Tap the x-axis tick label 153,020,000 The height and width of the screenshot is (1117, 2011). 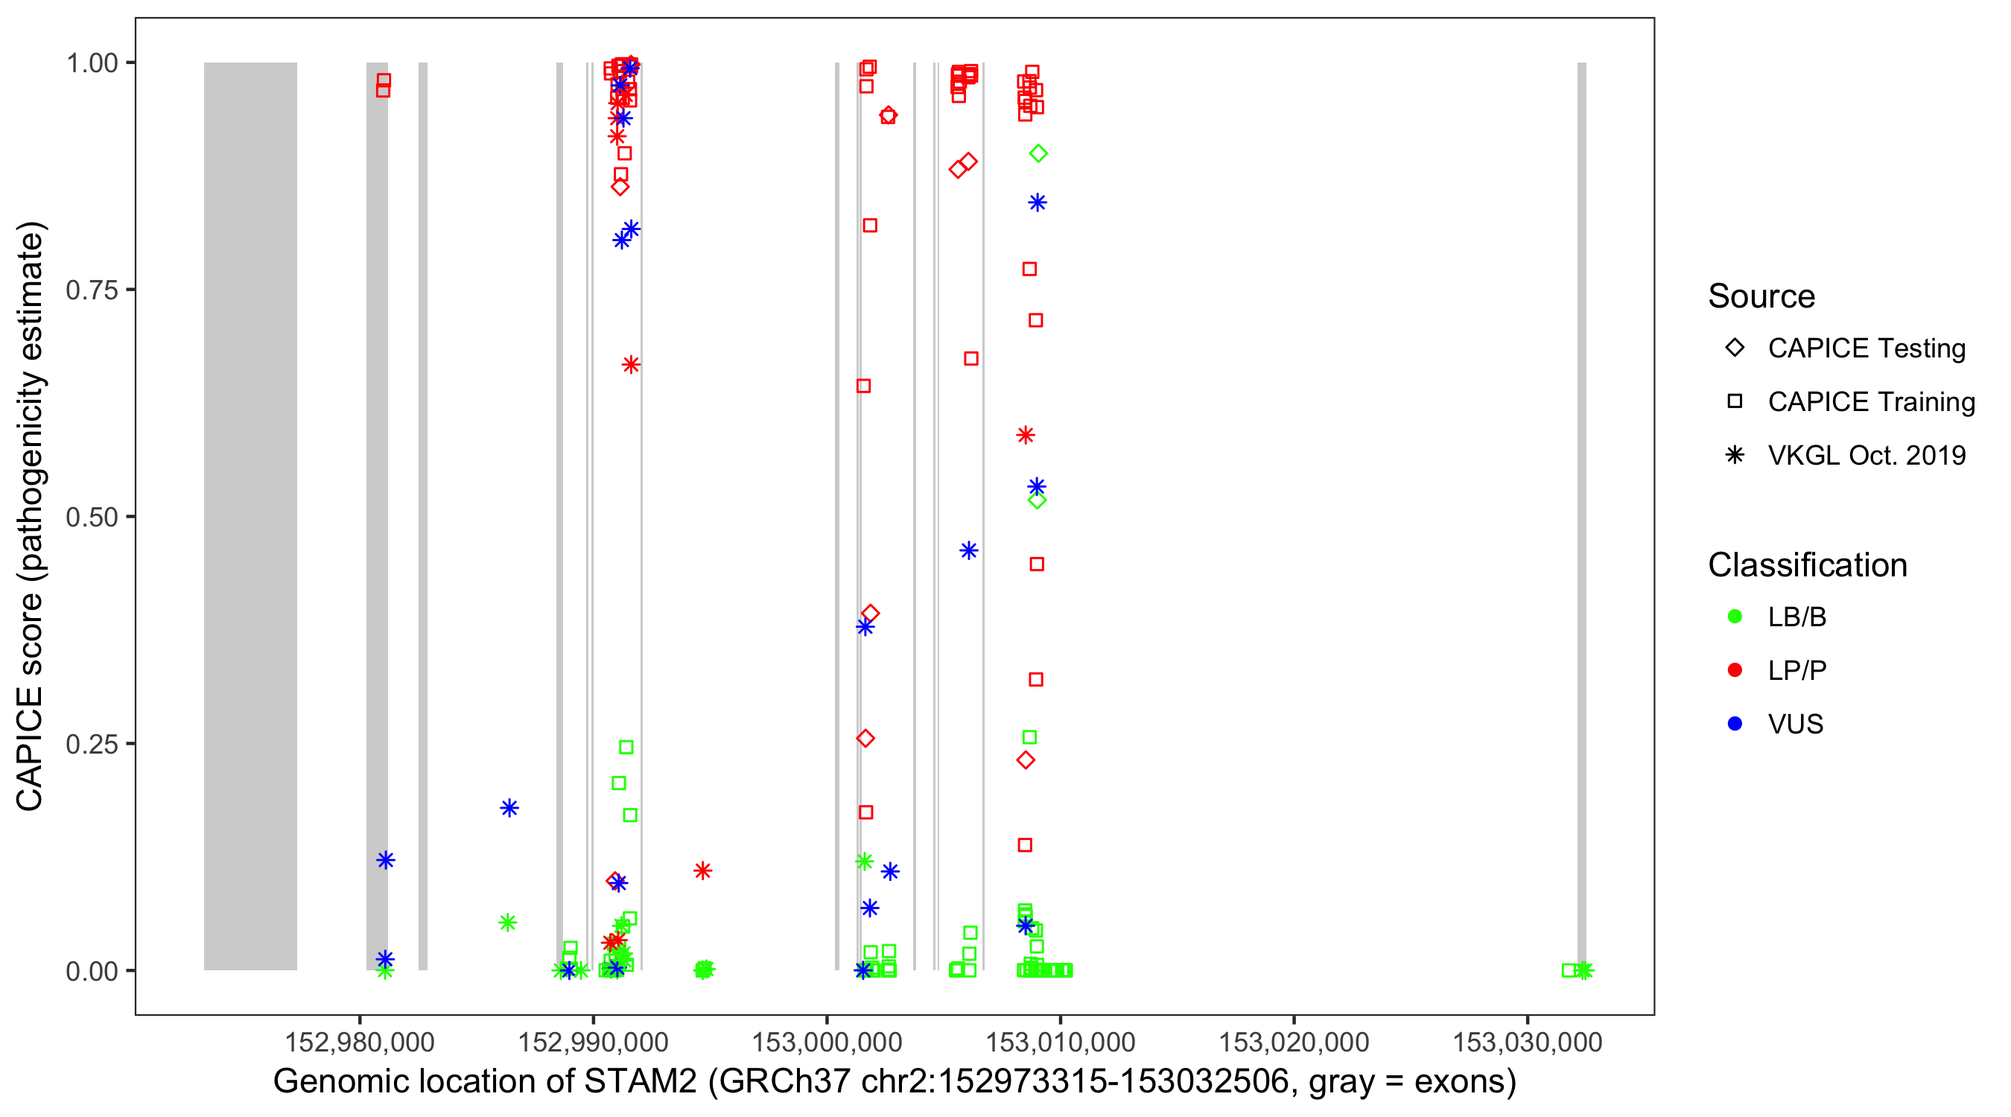[1294, 1042]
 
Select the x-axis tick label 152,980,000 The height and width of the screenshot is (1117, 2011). [359, 1042]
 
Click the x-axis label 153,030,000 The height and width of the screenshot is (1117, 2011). [1527, 1042]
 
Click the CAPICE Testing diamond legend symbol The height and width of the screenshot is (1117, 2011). [1735, 349]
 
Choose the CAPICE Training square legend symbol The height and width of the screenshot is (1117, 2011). [1735, 402]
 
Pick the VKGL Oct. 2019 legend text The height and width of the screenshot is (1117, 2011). [1867, 456]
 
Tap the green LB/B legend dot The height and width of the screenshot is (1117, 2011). [1735, 617]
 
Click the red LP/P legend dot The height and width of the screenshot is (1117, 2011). [1735, 670]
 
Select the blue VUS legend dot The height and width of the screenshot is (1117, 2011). [1735, 725]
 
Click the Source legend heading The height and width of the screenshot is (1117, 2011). [1761, 296]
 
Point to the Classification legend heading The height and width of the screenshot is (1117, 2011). [1807, 565]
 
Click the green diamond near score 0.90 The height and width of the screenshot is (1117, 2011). [1038, 153]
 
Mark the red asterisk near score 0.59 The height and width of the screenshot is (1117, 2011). [1025, 436]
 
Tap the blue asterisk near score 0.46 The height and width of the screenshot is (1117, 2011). [968, 551]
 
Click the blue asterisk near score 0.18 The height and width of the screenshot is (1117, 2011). [509, 808]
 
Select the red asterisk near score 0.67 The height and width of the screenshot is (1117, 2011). [631, 365]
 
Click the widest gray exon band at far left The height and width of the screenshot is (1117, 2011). [250, 515]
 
